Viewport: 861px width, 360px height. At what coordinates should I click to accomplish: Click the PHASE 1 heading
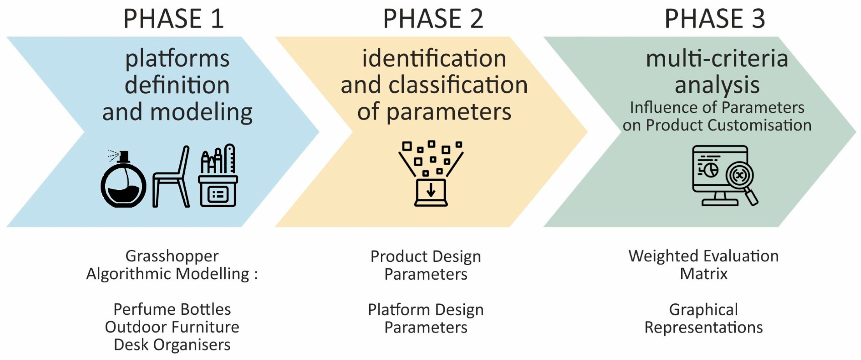pyautogui.click(x=173, y=19)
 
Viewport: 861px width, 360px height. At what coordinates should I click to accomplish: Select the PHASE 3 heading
pyautogui.click(x=714, y=19)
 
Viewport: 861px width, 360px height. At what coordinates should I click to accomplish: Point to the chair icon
pyautogui.click(x=171, y=177)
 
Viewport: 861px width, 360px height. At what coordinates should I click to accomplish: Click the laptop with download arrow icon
pyautogui.click(x=431, y=192)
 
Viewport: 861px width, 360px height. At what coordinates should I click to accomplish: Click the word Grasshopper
pyautogui.click(x=172, y=256)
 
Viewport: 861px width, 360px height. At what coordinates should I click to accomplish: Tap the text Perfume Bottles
pyautogui.click(x=172, y=309)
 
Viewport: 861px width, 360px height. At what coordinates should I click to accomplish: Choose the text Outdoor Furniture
pyautogui.click(x=172, y=327)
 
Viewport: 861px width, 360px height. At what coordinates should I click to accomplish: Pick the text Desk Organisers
pyautogui.click(x=172, y=345)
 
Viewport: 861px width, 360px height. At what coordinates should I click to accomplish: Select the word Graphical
pyautogui.click(x=703, y=309)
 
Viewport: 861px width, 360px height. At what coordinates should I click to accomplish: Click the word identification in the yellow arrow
pyautogui.click(x=434, y=58)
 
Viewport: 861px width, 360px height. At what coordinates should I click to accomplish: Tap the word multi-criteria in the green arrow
pyautogui.click(x=717, y=58)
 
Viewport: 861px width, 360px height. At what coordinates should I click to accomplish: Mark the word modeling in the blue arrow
pyautogui.click(x=201, y=112)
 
